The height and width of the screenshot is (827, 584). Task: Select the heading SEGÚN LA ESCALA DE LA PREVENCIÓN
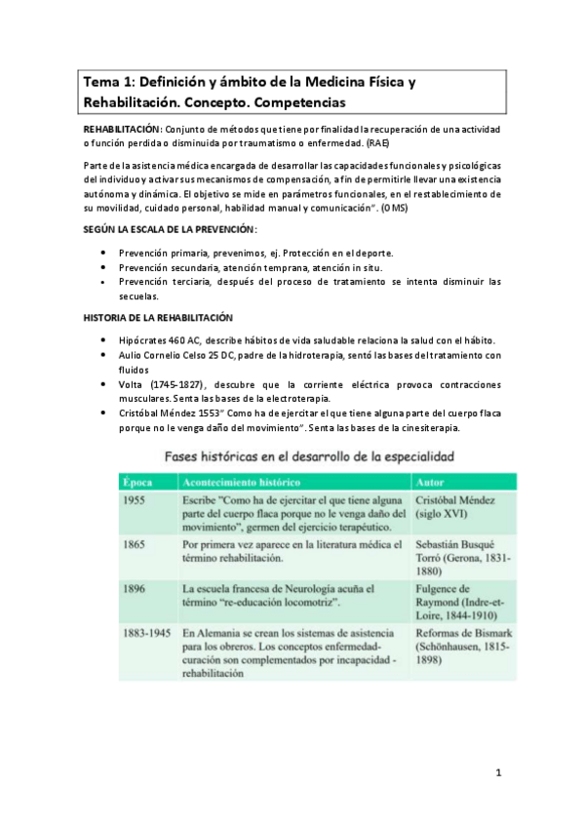tap(169, 228)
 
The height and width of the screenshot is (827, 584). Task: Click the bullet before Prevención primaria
tap(104, 253)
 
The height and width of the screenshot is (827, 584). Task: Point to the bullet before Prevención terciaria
tap(104, 282)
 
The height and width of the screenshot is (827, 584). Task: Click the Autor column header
tap(431, 482)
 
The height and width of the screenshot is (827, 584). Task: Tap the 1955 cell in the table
tap(138, 499)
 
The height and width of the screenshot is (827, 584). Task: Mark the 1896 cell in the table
tap(138, 590)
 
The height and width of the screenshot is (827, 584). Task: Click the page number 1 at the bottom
tap(497, 775)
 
